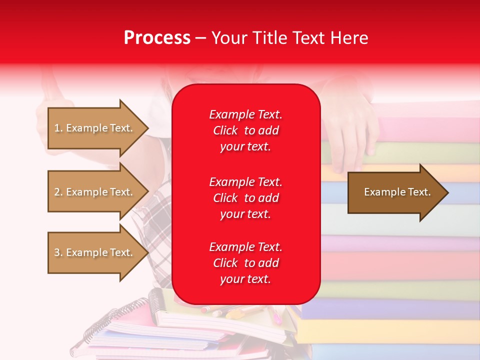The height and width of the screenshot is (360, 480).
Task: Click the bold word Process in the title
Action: coord(157,38)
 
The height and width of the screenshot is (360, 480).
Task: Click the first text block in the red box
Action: coord(245,130)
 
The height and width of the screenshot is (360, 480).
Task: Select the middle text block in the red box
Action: coord(245,198)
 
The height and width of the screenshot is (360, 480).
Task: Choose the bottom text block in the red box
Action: coord(245,263)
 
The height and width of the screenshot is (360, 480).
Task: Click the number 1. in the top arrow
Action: coord(58,128)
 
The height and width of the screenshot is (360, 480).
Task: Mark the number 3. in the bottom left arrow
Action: coord(58,253)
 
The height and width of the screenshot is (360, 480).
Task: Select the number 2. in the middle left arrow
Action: coord(58,192)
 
